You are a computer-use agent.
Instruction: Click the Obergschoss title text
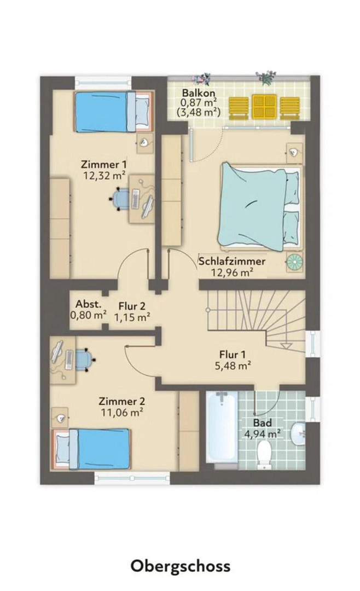pos(180,565)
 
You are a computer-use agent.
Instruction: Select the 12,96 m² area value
pos(233,273)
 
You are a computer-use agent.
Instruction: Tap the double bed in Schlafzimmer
pos(259,207)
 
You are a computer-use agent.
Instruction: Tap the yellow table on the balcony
pos(265,107)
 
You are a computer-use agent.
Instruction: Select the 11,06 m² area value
pos(122,413)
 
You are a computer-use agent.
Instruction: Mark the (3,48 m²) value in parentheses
pos(198,112)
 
